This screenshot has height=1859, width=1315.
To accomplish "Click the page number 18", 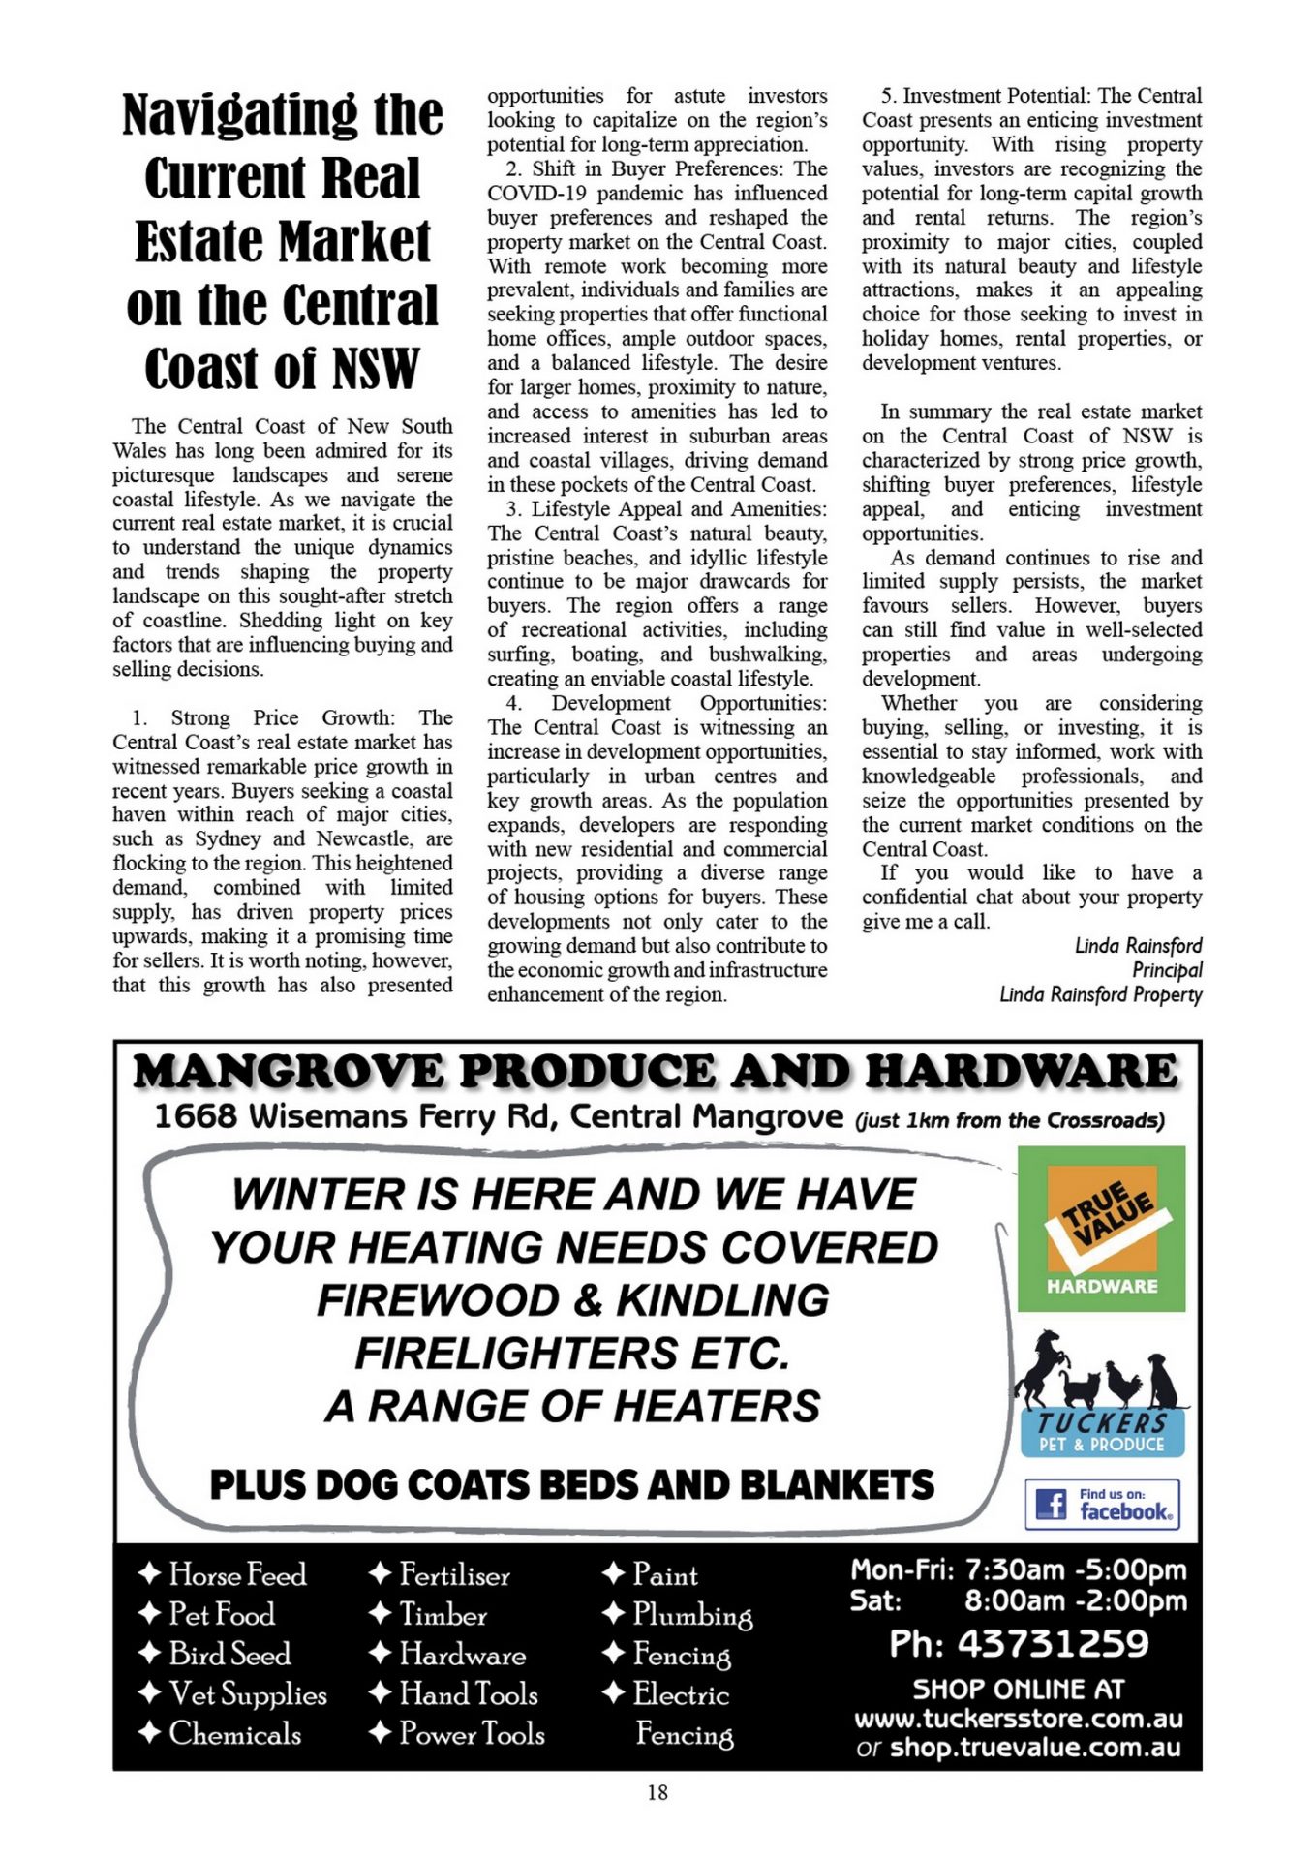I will point(657,1792).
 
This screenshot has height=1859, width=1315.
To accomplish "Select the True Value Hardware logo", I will point(1101,1228).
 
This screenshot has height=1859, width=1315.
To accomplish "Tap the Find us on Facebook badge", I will point(1102,1504).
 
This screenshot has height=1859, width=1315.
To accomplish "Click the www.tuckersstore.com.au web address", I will point(1018,1719).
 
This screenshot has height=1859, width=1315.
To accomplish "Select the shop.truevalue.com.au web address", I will point(1034,1747).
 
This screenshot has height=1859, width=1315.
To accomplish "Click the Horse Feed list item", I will point(237,1574).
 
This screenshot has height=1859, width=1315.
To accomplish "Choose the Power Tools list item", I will point(472,1733).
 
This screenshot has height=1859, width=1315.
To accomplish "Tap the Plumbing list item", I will point(691,1615).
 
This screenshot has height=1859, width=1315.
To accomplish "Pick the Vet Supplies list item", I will point(248,1693).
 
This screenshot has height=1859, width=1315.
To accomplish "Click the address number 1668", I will point(196,1116).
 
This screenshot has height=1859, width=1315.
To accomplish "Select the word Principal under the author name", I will point(1167,970).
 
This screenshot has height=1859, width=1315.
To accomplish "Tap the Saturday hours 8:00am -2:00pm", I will point(1075,1600).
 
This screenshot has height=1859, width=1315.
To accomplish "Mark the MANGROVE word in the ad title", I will point(289,1072).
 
